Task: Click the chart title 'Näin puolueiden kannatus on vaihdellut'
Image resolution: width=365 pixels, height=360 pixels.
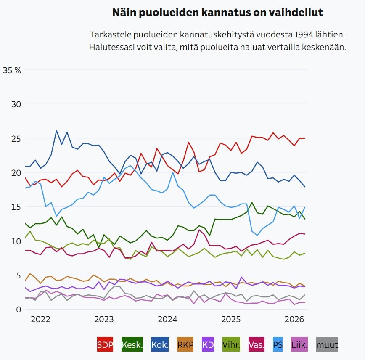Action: coord(217,13)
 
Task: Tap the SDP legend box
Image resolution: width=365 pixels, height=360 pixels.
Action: coord(105,345)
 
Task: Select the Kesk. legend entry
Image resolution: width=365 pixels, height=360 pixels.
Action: coord(132,345)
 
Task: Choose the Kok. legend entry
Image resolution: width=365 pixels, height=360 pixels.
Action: coord(160,345)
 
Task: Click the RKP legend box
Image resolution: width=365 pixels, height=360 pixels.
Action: coord(185,345)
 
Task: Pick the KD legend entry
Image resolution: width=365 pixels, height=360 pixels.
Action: coord(208,345)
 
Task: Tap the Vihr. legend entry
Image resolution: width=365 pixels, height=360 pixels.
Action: coord(230,345)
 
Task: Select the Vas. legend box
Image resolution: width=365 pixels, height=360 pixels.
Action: coord(257,345)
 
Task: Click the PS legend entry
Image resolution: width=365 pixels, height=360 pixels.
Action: coord(278,345)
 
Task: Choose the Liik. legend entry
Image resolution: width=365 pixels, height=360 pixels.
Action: coord(299,345)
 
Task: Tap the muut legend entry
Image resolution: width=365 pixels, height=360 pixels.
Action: coord(327,345)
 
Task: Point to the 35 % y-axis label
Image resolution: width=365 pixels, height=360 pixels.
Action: coord(12,70)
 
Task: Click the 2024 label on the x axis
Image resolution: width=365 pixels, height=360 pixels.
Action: coord(167,319)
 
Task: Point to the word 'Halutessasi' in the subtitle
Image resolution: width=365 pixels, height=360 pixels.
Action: coord(109,47)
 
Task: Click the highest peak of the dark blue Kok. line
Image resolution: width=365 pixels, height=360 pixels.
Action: coord(57,131)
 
